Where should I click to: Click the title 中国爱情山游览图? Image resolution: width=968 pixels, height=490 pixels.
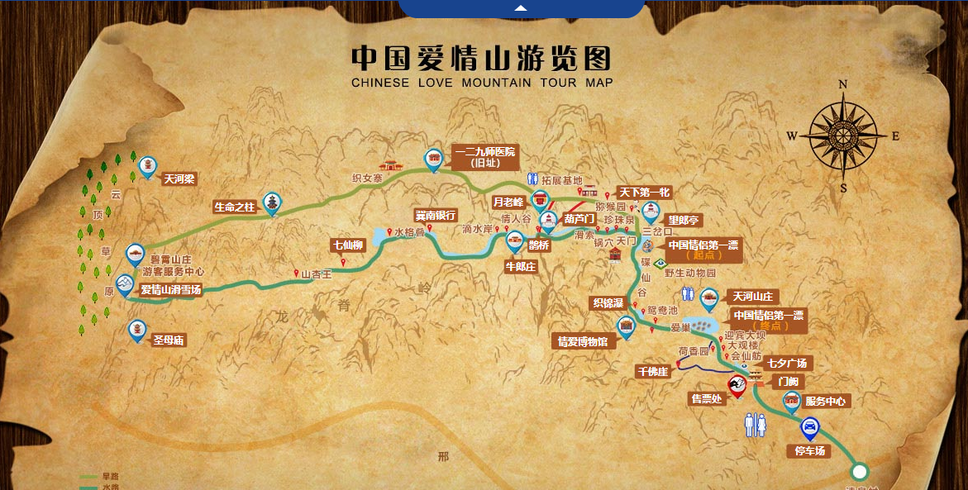point(481,59)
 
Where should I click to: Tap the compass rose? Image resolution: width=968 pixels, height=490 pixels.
point(842,136)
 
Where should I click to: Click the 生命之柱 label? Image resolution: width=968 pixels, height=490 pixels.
point(235,207)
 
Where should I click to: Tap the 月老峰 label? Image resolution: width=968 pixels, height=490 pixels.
point(508,201)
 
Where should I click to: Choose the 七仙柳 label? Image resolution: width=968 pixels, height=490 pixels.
point(348,245)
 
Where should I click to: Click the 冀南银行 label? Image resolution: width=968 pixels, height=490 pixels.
point(436,216)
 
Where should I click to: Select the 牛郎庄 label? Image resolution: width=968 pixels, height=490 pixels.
point(521,266)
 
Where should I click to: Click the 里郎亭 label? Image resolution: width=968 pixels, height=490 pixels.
point(684,221)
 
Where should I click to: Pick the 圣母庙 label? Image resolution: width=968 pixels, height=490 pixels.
point(168,340)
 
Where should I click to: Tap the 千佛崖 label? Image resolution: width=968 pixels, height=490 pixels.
point(652,371)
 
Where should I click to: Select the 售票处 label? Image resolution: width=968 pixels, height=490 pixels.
point(707,398)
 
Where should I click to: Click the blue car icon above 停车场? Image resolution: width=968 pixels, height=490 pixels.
point(810,428)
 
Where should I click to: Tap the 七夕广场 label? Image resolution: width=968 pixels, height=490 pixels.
point(786,363)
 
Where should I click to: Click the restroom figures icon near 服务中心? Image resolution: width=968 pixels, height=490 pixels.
point(756,425)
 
